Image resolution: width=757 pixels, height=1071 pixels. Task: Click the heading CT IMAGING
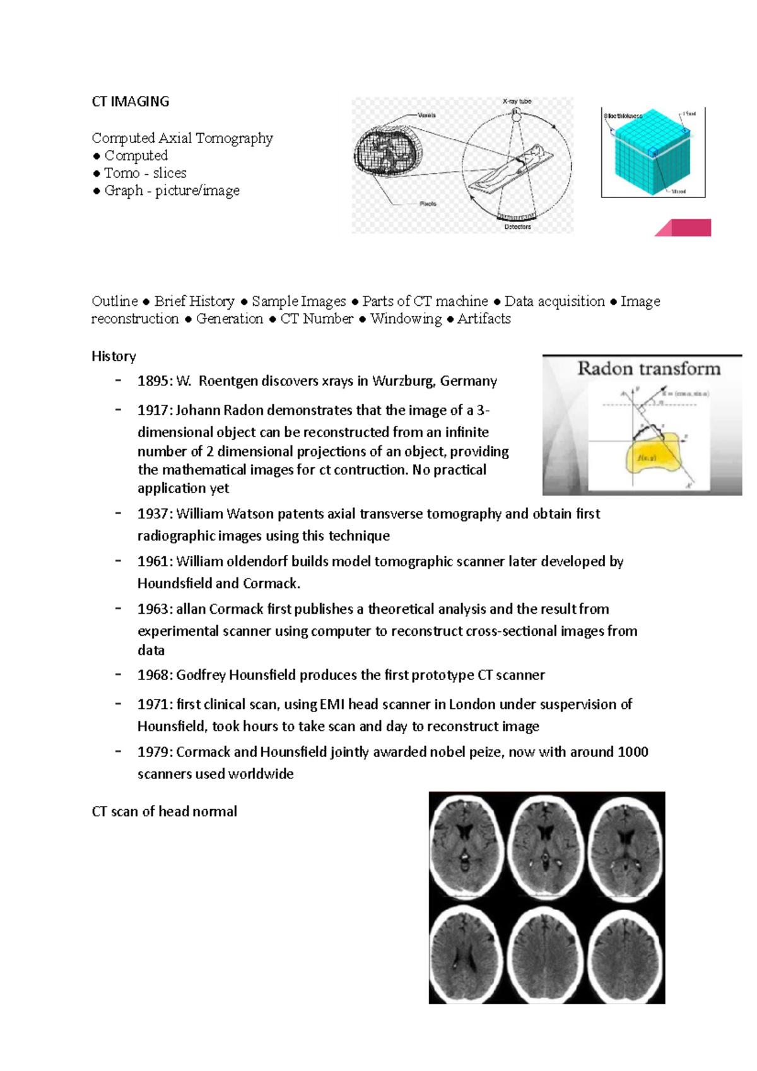[130, 102]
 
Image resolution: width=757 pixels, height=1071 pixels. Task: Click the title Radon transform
[648, 369]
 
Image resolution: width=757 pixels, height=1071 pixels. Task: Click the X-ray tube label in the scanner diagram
[517, 102]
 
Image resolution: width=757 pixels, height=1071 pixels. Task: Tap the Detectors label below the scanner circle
[517, 226]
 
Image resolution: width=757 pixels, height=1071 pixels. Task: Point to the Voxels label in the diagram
[426, 115]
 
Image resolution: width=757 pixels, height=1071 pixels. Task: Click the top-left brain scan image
[467, 845]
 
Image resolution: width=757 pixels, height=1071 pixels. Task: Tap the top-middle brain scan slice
[546, 845]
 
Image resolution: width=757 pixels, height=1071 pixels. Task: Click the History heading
[114, 356]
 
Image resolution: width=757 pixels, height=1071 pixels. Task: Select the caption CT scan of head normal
[164, 812]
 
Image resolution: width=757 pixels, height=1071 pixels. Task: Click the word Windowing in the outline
[406, 319]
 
